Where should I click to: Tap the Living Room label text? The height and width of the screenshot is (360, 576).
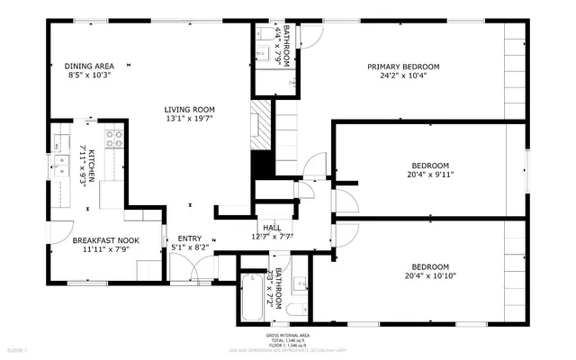[x=190, y=109]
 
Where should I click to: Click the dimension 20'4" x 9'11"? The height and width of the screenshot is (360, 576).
[x=430, y=175]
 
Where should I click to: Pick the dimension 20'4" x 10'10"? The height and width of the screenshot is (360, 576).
[x=430, y=277]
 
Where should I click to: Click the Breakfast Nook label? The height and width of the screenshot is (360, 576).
[x=106, y=241]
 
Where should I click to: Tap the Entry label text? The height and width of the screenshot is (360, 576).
[x=189, y=238]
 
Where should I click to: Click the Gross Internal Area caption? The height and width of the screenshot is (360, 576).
[x=288, y=335]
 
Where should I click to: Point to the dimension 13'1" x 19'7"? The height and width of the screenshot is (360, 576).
[x=190, y=119]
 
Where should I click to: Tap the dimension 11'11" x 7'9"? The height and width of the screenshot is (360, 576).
[x=106, y=251]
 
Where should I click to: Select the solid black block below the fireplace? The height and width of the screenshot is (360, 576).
[x=262, y=164]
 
